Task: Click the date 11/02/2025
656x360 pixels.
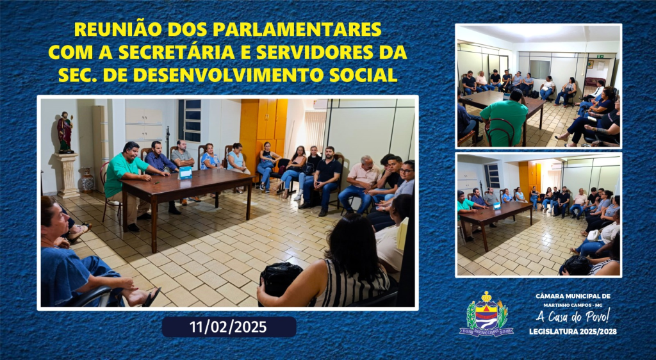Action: (228, 327)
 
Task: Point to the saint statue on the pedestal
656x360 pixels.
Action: (65, 132)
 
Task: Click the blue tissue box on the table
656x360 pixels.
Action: (185, 172)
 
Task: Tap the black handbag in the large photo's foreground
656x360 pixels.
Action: (280, 277)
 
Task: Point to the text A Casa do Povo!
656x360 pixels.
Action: (573, 316)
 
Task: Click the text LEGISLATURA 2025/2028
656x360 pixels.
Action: (573, 332)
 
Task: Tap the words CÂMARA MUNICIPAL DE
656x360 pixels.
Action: (573, 296)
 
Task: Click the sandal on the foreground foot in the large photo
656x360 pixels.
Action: (151, 296)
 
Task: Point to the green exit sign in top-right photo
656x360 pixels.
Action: (599, 56)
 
